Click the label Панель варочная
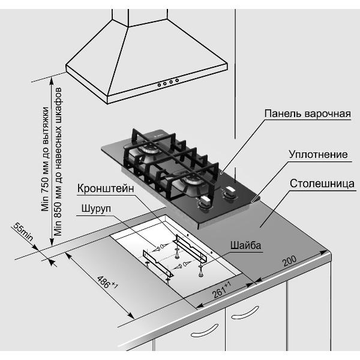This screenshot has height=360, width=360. [306, 114]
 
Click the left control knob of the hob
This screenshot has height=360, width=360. [206, 202]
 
